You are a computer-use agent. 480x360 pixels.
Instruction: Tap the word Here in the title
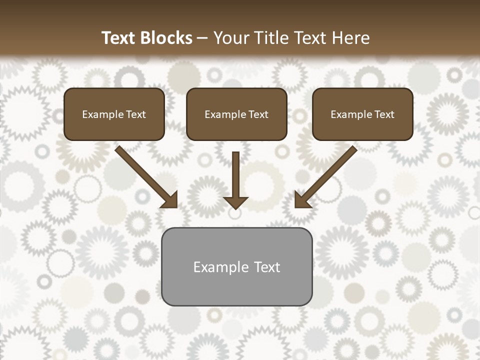(x=350, y=38)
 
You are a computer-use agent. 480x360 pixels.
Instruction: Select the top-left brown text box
(x=114, y=114)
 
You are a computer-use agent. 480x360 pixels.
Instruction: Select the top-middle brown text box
(x=236, y=114)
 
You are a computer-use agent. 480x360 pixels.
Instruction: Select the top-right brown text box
(x=362, y=114)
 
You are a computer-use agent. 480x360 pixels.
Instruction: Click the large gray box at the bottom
(x=236, y=266)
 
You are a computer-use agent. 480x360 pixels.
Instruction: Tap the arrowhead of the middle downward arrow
(x=235, y=202)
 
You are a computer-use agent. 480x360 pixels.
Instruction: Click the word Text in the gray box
(x=267, y=267)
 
